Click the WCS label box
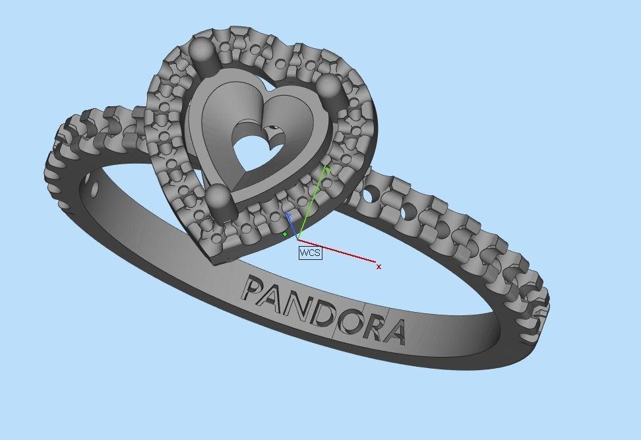pos(310,253)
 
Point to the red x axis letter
pos(379,267)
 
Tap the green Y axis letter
pos(327,170)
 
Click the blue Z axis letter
pos(288,216)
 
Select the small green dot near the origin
pos(285,234)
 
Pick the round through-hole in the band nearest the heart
pos(372,194)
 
